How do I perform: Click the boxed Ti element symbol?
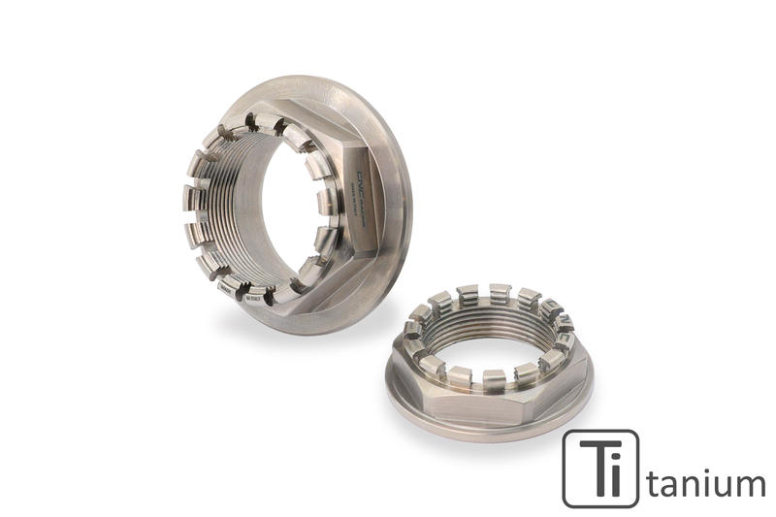(600, 469)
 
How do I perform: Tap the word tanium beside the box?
(706, 481)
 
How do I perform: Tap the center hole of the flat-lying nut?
(490, 335)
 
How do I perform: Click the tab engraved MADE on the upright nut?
(225, 288)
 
